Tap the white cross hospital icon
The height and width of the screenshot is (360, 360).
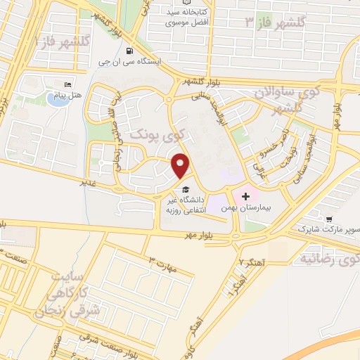[245, 196]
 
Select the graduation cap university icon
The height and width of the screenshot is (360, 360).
[185, 189]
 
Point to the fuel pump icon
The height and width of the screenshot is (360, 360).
[130, 51]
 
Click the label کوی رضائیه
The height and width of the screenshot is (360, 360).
[330, 259]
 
